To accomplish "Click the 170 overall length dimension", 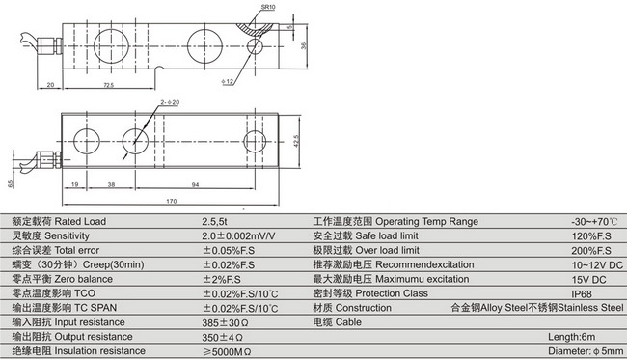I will (171, 201).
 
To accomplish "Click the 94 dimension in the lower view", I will (196, 183).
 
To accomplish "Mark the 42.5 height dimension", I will (303, 143).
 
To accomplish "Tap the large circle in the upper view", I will (205, 43).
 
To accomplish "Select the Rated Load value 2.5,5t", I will (217, 220).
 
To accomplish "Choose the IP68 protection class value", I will (582, 293).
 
